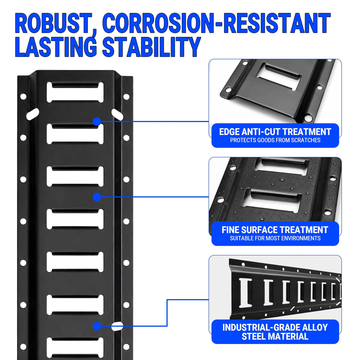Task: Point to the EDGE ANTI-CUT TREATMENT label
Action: [275, 132]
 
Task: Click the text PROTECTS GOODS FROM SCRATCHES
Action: [275, 140]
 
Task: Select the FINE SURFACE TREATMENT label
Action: [275, 230]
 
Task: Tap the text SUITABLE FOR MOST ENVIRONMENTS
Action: [275, 238]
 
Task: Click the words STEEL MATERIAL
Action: [275, 336]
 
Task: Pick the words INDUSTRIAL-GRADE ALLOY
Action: [275, 327]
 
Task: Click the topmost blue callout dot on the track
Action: [97, 121]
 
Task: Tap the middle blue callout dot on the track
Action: [97, 197]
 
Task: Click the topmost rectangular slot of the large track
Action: [75, 93]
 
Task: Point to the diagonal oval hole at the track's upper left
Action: [33, 114]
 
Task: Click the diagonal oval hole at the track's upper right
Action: [117, 114]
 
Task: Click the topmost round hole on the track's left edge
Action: [23, 97]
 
